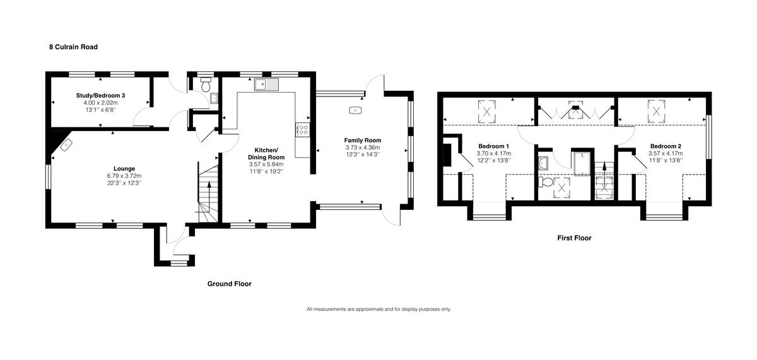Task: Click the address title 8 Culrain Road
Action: (73, 47)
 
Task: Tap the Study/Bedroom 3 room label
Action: (100, 95)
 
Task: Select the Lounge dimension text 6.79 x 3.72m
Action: (124, 176)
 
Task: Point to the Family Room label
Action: (362, 140)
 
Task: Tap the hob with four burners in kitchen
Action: (302, 131)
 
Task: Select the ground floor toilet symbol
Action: (205, 83)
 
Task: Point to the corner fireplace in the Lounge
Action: (66, 144)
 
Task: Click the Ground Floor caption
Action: (229, 284)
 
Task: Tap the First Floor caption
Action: (573, 238)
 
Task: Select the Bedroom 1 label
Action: (494, 146)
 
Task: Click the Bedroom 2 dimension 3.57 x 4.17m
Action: (665, 153)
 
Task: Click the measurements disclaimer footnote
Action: (378, 309)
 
